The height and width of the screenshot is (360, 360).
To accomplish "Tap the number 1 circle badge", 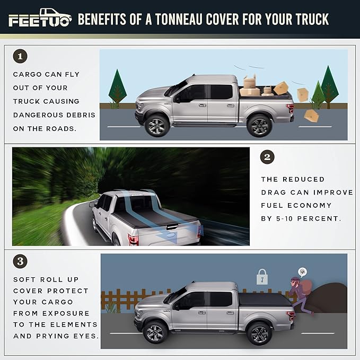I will coord(20,56).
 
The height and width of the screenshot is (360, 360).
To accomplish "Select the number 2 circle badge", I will coord(268,157).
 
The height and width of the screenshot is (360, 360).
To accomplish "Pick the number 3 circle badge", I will coord(20,261).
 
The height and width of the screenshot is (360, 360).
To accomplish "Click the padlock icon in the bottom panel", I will coord(262,277).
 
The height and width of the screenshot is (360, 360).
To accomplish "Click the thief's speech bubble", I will coord(302,271).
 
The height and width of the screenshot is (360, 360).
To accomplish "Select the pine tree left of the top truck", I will coord(117,89).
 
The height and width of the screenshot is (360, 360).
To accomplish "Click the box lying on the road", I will coord(311,116).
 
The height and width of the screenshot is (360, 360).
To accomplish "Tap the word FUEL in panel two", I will coord(271,205).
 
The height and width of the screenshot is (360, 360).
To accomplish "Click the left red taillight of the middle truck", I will coord(133,239).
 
